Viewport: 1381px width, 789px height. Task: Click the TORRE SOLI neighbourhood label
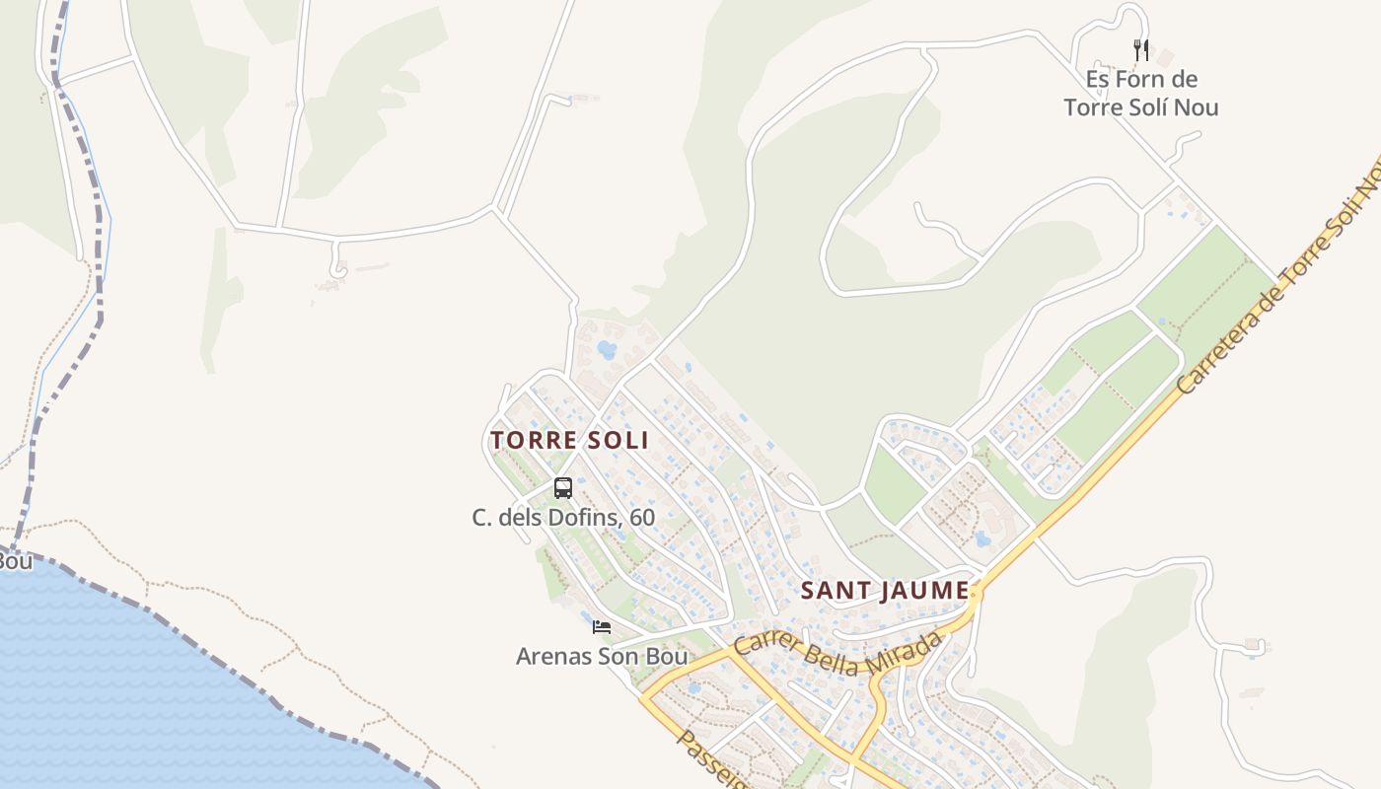pyautogui.click(x=569, y=440)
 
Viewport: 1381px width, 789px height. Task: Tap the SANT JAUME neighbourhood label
pyautogui.click(x=884, y=591)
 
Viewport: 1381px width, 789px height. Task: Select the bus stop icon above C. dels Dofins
pyautogui.click(x=563, y=487)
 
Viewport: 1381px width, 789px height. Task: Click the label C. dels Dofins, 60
pyautogui.click(x=563, y=517)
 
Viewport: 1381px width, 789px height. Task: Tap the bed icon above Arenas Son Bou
pyautogui.click(x=602, y=626)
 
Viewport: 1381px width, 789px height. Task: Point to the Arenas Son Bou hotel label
pyautogui.click(x=602, y=656)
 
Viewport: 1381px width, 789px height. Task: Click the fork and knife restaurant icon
pyautogui.click(x=1141, y=50)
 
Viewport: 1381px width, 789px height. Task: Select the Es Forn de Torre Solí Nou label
pyautogui.click(x=1141, y=93)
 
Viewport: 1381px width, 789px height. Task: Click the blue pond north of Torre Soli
pyautogui.click(x=607, y=349)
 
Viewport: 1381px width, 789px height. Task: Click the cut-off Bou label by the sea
pyautogui.click(x=15, y=561)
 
